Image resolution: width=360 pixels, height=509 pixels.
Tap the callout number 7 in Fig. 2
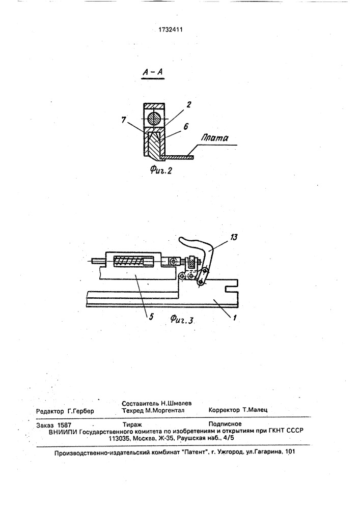124,120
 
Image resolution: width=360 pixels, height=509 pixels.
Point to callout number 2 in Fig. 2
188,105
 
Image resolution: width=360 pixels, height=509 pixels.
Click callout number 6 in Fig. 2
186,127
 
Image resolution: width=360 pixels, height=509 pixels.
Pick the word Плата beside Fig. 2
214,138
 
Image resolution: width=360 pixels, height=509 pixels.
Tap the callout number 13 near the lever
233,237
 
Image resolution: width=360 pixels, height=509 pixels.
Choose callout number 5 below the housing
151,316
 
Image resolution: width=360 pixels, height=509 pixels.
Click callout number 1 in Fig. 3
235,318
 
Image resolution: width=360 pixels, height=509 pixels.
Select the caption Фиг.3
182,320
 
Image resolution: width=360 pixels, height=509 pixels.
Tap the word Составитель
141,404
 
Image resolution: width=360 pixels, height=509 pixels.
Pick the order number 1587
64,425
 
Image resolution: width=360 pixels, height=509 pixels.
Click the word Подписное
225,423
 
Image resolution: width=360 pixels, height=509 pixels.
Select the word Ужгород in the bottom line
231,452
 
